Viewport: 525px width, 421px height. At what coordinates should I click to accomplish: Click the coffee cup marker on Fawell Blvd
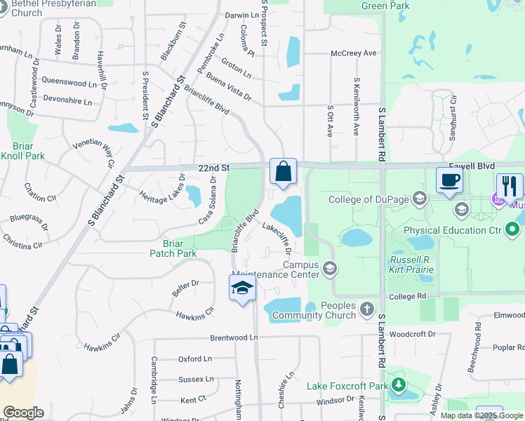tap(449, 180)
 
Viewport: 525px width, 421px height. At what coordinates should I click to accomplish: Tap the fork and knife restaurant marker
tap(510, 186)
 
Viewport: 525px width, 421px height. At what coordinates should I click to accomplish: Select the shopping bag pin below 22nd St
tap(283, 171)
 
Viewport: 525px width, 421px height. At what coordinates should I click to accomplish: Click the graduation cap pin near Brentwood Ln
tap(242, 288)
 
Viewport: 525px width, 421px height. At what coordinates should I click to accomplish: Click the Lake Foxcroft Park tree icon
tap(398, 385)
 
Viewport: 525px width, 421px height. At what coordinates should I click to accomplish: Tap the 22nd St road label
tap(214, 168)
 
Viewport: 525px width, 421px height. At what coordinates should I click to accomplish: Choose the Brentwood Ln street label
tap(234, 338)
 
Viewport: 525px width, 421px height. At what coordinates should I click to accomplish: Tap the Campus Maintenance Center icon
tap(330, 268)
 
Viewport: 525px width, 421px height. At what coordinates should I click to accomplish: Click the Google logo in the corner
tap(23, 413)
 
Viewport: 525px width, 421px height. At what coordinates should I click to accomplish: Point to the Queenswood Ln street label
tap(69, 83)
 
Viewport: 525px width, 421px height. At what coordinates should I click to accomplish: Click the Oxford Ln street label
tap(194, 359)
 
